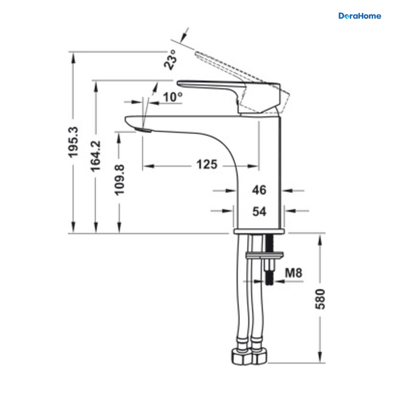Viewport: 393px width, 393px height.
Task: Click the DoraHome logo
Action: pos(360,16)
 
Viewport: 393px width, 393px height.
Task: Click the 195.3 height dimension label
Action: pos(73,142)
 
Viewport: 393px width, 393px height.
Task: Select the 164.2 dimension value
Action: pos(95,156)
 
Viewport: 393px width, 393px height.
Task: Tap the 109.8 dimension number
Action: pos(119,180)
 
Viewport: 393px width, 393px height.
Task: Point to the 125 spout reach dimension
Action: pos(207,164)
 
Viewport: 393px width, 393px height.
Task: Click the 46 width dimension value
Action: pos(259,190)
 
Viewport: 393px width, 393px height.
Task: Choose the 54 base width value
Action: pos(259,211)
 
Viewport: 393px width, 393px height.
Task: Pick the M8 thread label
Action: pos(293,273)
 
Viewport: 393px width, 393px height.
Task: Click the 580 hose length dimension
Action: pos(320,299)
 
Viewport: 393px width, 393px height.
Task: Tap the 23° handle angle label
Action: pos(170,60)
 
